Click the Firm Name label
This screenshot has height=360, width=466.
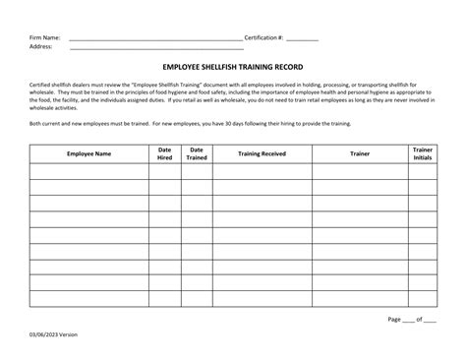[44, 36]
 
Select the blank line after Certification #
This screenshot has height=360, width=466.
[303, 38]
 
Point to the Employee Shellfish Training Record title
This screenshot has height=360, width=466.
[232, 68]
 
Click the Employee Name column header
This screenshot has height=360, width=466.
[88, 154]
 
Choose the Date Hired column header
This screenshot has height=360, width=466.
[165, 154]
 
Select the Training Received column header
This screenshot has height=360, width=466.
[262, 154]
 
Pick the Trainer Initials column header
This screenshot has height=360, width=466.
[422, 154]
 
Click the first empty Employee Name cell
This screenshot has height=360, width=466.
[88, 172]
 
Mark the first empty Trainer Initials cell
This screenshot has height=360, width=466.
[422, 172]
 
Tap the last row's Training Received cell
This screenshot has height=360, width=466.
[262, 299]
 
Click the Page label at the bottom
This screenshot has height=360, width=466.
[395, 319]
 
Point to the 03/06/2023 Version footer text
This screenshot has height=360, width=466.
[53, 334]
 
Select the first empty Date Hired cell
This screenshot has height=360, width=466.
[165, 172]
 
